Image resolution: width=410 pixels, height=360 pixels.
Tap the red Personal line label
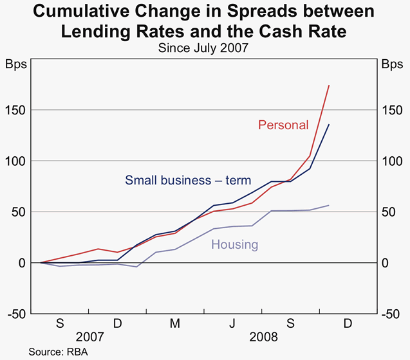click(283, 125)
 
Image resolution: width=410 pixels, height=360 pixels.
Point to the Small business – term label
click(188, 180)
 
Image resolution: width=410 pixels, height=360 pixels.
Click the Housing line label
click(234, 244)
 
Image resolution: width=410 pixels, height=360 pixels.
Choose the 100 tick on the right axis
click(392, 161)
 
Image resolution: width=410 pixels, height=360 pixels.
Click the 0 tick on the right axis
click(386, 263)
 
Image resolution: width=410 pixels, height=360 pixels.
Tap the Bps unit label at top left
click(16, 64)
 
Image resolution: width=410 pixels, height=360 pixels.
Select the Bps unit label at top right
click(392, 64)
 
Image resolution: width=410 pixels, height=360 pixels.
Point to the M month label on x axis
click(175, 324)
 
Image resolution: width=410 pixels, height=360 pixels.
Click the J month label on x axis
click(233, 324)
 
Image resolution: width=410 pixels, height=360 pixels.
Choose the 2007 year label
click(89, 337)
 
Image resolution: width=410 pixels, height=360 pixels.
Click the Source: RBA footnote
click(58, 352)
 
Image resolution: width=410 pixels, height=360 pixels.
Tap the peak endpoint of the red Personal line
click(329, 85)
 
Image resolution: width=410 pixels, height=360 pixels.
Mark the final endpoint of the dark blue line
click(329, 125)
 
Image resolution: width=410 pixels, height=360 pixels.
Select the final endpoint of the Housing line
click(329, 205)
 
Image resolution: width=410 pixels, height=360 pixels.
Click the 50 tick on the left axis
click(21, 212)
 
